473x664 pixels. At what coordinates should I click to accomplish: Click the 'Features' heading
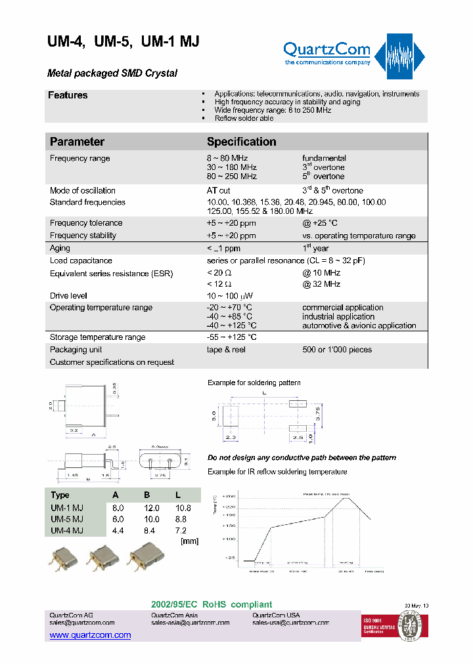68,96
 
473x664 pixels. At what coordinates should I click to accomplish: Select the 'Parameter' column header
77,142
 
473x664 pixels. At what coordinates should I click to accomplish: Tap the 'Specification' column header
241,142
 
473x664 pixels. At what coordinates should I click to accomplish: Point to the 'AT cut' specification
219,191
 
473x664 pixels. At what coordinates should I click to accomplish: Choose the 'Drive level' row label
69,296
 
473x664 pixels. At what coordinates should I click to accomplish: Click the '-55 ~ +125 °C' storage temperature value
231,337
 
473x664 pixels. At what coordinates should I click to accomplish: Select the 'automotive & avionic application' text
359,325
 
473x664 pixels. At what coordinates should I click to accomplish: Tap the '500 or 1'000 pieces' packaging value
337,350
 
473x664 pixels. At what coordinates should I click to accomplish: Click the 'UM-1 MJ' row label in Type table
67,508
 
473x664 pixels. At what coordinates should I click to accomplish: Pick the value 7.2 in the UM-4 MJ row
181,530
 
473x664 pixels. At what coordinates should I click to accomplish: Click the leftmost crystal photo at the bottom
62,560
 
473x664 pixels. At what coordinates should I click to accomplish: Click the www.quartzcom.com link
90,635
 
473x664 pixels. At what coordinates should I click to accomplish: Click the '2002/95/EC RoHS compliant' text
212,604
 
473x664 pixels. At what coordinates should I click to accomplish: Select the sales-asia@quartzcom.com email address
191,623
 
